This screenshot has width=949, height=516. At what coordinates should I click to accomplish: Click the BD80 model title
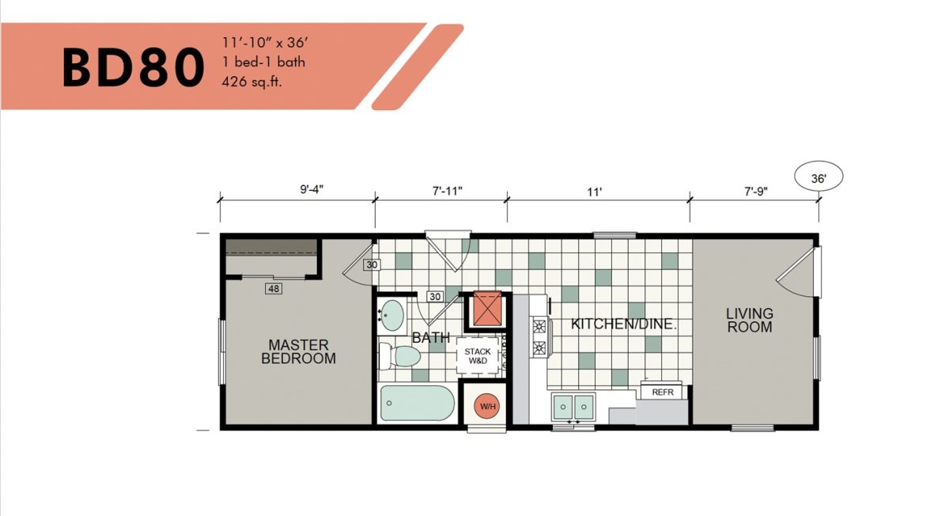click(x=133, y=68)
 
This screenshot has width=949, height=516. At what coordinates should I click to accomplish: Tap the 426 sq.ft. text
click(x=251, y=82)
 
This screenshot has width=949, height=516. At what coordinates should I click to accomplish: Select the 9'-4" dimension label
click(x=312, y=189)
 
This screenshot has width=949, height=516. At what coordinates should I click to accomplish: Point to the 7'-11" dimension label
click(x=447, y=192)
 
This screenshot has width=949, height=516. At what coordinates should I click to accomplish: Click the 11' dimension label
click(x=594, y=192)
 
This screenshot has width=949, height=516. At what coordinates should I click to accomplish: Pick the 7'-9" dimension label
click(x=756, y=192)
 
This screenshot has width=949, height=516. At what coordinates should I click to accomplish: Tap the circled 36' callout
click(x=819, y=176)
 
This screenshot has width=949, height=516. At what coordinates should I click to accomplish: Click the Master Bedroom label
click(x=298, y=351)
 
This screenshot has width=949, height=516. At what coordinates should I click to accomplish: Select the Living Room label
click(x=750, y=320)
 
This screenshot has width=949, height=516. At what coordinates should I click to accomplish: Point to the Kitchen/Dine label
click(x=624, y=324)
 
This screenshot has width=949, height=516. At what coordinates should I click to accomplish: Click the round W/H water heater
click(x=487, y=407)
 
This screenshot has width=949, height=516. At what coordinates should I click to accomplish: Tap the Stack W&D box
click(x=478, y=356)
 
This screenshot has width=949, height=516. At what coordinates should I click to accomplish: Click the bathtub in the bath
click(x=418, y=403)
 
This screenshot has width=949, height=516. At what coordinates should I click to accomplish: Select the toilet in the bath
click(x=399, y=356)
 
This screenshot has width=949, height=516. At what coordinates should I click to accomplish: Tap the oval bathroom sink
click(x=391, y=316)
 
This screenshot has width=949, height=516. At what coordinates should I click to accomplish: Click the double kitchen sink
click(x=573, y=407)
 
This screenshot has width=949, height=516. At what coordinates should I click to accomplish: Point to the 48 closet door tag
click(x=274, y=289)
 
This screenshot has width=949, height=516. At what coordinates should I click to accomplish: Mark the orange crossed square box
click(x=487, y=308)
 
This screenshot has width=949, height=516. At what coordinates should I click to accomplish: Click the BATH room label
click(x=431, y=337)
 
